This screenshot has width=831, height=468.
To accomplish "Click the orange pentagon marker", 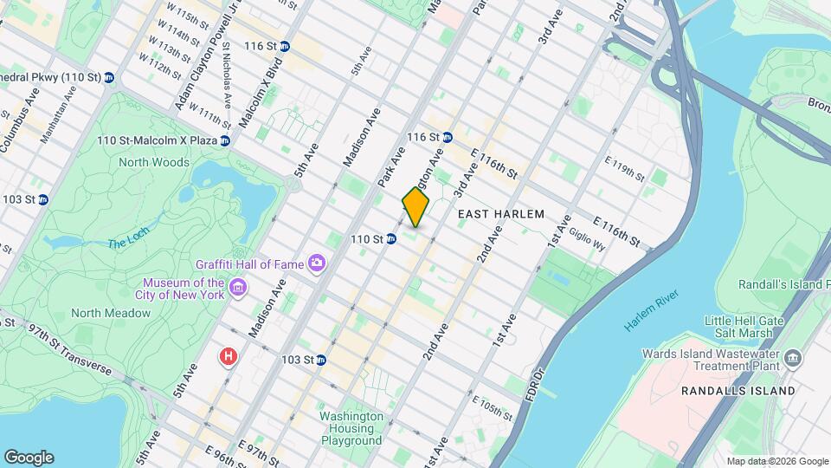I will tap(415, 207).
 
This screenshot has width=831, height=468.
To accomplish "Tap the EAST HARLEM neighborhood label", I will tap(500, 214).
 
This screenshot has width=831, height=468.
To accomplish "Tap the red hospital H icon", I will tap(229, 356).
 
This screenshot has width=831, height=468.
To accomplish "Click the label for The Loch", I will tap(129, 244).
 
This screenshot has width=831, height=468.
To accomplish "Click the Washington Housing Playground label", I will tap(351, 428).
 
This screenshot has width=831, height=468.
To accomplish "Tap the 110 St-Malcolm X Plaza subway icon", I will tap(225, 140).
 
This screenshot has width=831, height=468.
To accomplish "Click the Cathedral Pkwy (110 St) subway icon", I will tap(109, 78).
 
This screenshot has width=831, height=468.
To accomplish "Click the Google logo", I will tap(29, 457).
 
